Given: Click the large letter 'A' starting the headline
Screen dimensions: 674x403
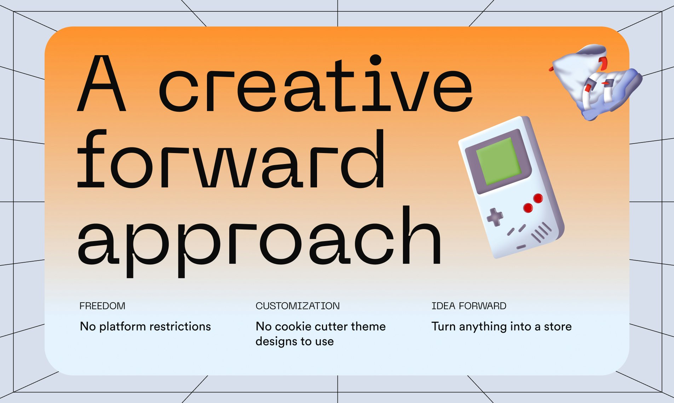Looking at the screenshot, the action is (x=102, y=83).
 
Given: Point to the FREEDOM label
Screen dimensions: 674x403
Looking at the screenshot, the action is (x=102, y=306).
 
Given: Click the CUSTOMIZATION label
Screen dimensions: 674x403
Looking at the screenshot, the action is (x=298, y=306).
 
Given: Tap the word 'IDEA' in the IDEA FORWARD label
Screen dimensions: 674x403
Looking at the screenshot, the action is (x=443, y=306).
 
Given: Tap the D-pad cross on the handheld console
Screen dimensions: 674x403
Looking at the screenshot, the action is (x=495, y=217).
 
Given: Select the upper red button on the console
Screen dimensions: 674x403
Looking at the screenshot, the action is (x=538, y=198).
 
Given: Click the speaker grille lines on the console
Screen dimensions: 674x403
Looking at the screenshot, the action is (x=541, y=232).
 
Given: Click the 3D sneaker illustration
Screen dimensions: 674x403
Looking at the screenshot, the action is (x=596, y=82).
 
